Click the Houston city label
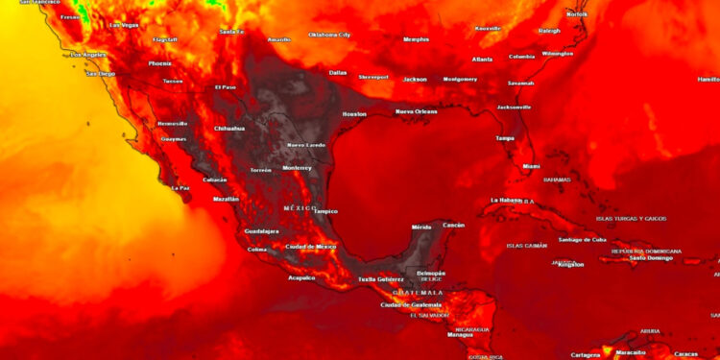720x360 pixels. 354,114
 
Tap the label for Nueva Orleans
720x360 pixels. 416,111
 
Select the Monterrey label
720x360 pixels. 303,167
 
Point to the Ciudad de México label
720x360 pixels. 311,247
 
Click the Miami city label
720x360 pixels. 531,166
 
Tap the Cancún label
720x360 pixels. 453,225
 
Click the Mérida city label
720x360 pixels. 421,227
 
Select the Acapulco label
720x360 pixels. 301,278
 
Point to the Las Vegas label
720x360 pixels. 123,25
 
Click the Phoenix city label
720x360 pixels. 160,63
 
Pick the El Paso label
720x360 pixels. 225,87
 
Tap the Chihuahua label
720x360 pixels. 228,128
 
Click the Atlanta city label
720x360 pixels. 482,60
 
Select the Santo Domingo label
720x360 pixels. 650,257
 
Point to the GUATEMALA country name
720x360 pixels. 419,292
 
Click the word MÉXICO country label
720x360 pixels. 300,207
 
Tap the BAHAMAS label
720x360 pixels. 557,180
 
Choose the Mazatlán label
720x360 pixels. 226,199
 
